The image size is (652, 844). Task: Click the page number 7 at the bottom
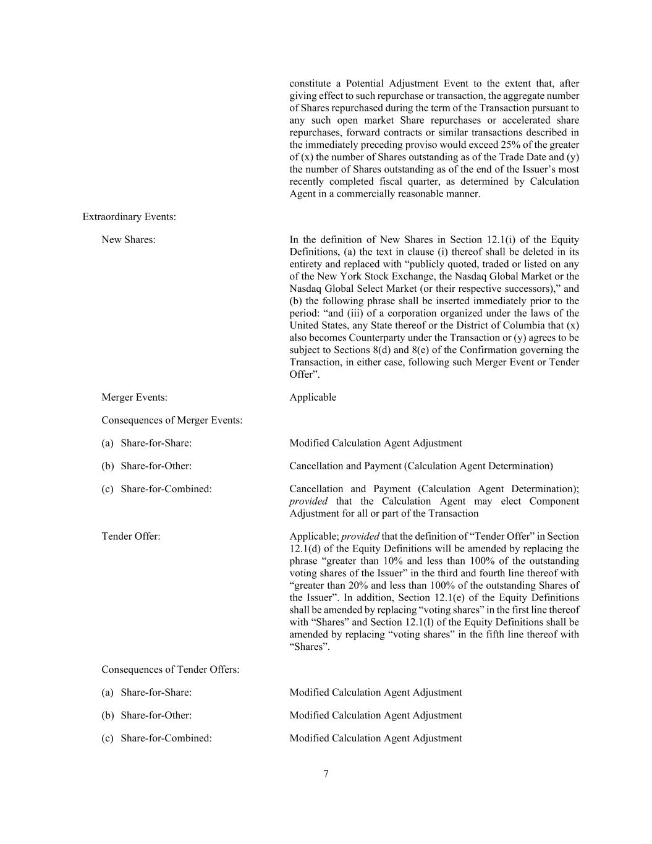point(326,774)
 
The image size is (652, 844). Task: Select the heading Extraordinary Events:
point(129,216)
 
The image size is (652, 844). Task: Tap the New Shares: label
point(129,239)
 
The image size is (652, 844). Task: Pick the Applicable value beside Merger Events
point(313,397)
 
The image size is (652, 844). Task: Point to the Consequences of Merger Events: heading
point(172,420)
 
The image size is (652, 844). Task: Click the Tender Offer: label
point(130,536)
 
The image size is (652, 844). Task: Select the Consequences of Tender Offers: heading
point(170,669)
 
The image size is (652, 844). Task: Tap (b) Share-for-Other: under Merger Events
point(146,466)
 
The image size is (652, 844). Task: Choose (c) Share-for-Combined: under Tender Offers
point(156,738)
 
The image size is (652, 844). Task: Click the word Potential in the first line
point(364,83)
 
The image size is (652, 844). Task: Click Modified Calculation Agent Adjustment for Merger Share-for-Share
point(375,443)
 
